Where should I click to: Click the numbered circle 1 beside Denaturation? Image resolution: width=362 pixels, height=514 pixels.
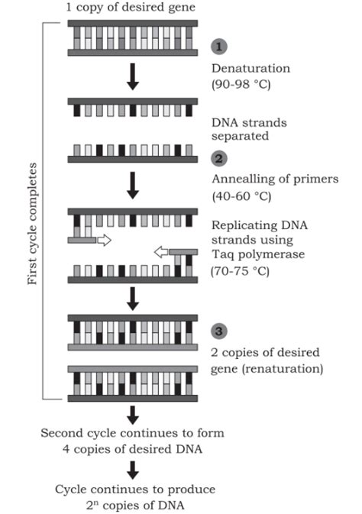tap(218, 47)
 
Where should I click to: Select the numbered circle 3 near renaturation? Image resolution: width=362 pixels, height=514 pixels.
tap(218, 332)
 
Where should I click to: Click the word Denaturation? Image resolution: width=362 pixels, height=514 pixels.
tap(247, 66)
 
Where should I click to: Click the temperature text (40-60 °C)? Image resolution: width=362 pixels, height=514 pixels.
tap(243, 196)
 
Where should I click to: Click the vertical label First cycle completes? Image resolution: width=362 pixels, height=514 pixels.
tap(31, 221)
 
